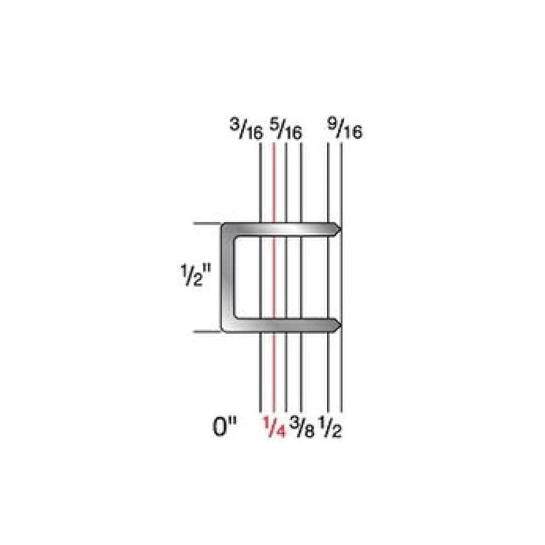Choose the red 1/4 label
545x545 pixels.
click(273, 429)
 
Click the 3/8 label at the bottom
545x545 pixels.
click(302, 429)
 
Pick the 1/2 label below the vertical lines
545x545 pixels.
click(330, 429)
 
